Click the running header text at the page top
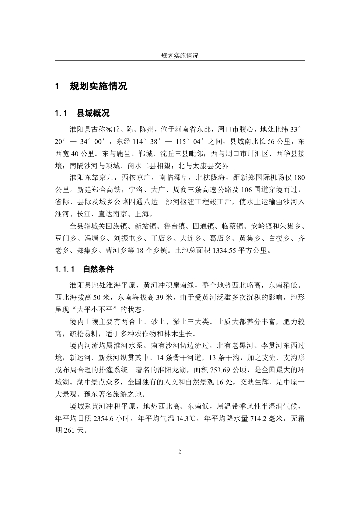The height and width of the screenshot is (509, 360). click(x=180, y=56)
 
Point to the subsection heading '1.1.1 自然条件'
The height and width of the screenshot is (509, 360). click(x=84, y=270)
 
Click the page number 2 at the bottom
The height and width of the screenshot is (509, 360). click(x=180, y=451)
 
